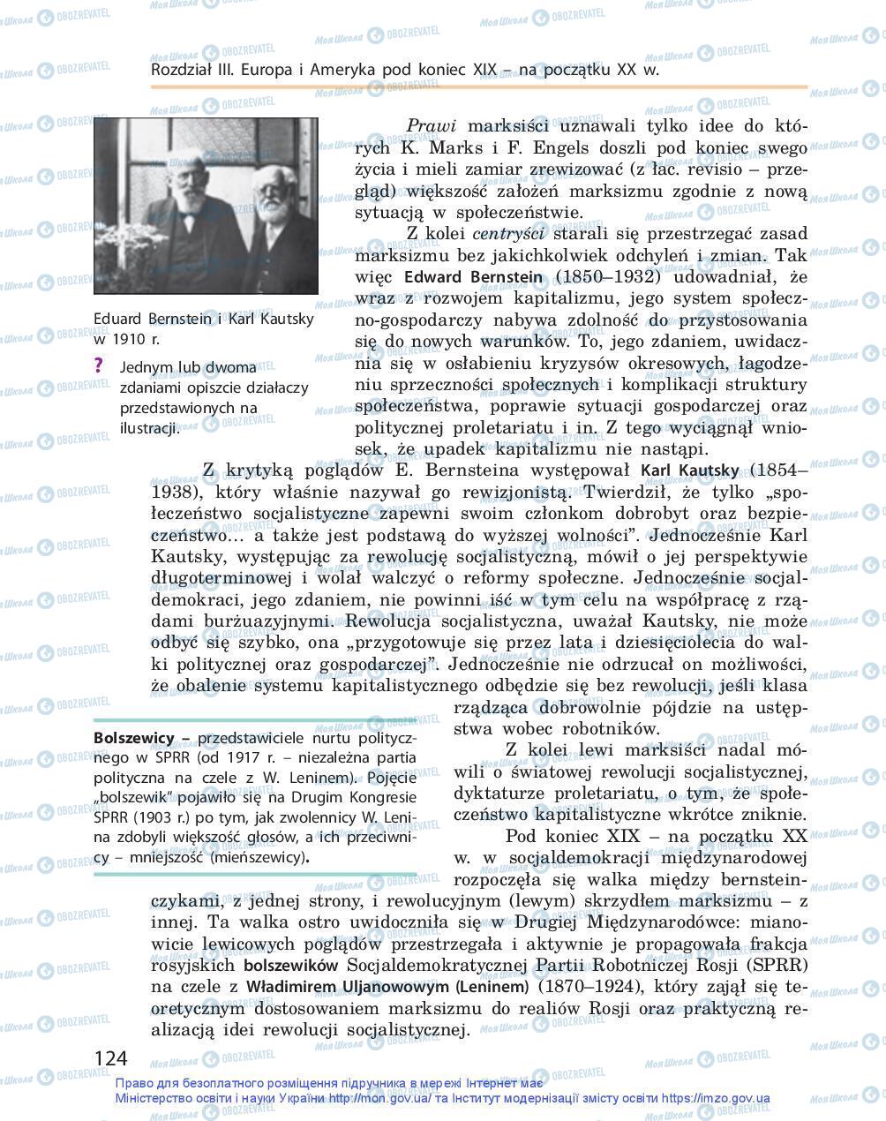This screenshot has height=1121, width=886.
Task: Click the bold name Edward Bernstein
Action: (473, 277)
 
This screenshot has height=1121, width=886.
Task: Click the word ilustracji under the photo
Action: (150, 428)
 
